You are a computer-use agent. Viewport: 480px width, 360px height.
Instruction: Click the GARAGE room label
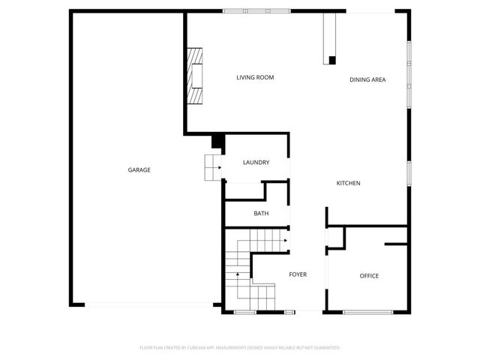(x=139, y=170)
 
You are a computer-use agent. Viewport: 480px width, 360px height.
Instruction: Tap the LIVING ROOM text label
(x=254, y=77)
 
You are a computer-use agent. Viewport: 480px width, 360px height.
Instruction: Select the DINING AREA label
(x=367, y=79)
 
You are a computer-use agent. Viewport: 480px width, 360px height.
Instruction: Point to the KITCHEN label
(x=349, y=184)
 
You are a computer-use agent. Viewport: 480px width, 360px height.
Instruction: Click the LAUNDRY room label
(x=256, y=163)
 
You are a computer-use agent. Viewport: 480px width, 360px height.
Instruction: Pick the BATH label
(x=261, y=214)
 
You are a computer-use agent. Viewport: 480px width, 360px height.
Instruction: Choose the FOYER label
(x=298, y=275)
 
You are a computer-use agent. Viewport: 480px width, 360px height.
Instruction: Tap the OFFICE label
(x=369, y=276)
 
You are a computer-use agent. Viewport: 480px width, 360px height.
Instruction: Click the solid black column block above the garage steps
(x=217, y=141)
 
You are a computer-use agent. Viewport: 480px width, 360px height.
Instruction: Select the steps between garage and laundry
(x=212, y=166)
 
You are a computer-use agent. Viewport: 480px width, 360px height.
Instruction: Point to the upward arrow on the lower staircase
(x=238, y=275)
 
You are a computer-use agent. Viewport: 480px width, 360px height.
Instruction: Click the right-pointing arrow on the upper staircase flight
(x=286, y=241)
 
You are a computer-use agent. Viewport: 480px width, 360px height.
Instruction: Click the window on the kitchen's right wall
(x=409, y=172)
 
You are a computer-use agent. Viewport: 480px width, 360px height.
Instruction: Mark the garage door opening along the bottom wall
(x=148, y=304)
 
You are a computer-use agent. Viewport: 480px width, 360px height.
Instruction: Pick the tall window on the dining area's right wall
(x=409, y=73)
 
